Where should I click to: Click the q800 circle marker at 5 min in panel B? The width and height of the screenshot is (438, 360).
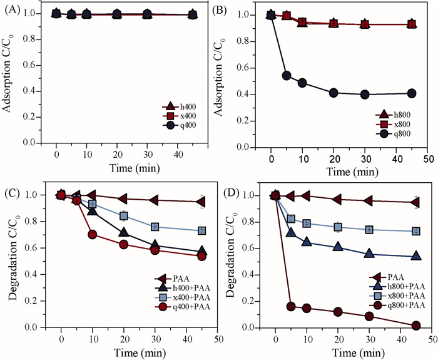point(286,76)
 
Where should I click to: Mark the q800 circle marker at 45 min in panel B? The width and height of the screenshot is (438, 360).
point(411,93)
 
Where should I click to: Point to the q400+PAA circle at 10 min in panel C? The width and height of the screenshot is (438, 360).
point(93,235)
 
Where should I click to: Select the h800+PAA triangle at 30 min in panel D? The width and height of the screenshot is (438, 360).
point(369,254)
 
